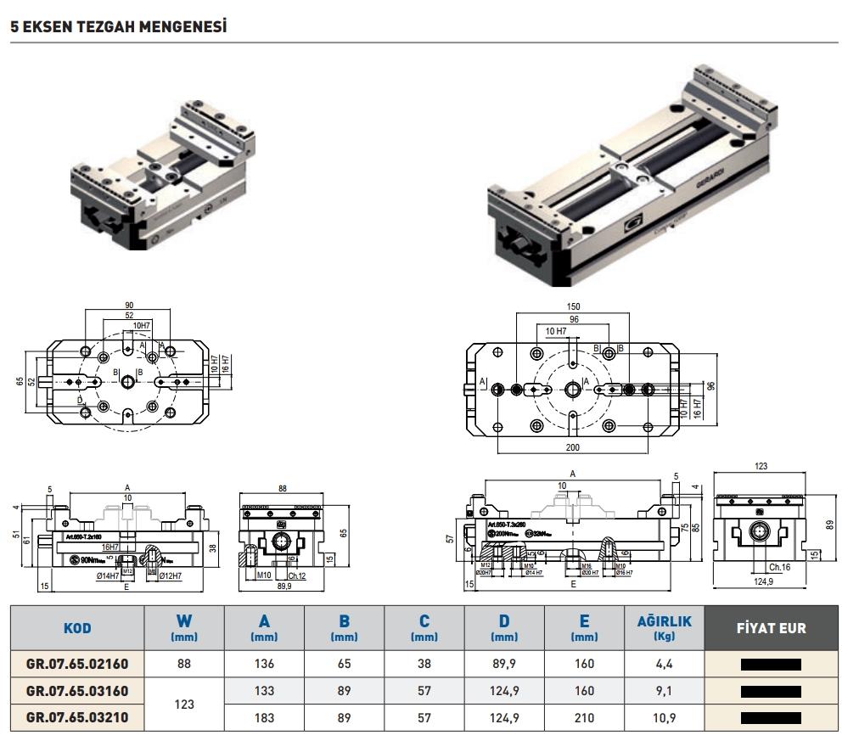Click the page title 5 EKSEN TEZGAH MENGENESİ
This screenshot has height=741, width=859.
[119, 27]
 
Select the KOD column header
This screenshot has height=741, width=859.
[77, 629]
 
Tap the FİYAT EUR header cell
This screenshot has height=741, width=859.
[771, 629]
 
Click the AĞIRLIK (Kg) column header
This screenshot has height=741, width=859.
[664, 628]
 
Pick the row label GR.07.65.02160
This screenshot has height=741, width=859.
[77, 665]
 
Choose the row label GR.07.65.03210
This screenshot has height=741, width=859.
[77, 718]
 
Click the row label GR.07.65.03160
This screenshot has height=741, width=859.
[77, 692]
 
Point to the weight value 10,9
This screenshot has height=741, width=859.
[664, 718]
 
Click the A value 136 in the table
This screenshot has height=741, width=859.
[264, 665]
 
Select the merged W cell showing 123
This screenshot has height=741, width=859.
[184, 705]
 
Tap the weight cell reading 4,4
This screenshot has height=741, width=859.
[664, 665]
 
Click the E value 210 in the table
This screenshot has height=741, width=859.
[584, 718]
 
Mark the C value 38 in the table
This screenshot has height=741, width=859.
[424, 665]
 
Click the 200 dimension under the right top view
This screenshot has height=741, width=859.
[574, 446]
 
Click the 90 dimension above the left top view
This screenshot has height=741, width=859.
[129, 305]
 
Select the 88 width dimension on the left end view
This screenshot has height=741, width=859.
[283, 487]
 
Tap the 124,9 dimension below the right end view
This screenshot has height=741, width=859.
[764, 581]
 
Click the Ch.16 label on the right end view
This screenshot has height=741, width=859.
[779, 567]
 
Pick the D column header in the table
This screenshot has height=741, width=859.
[504, 629]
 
